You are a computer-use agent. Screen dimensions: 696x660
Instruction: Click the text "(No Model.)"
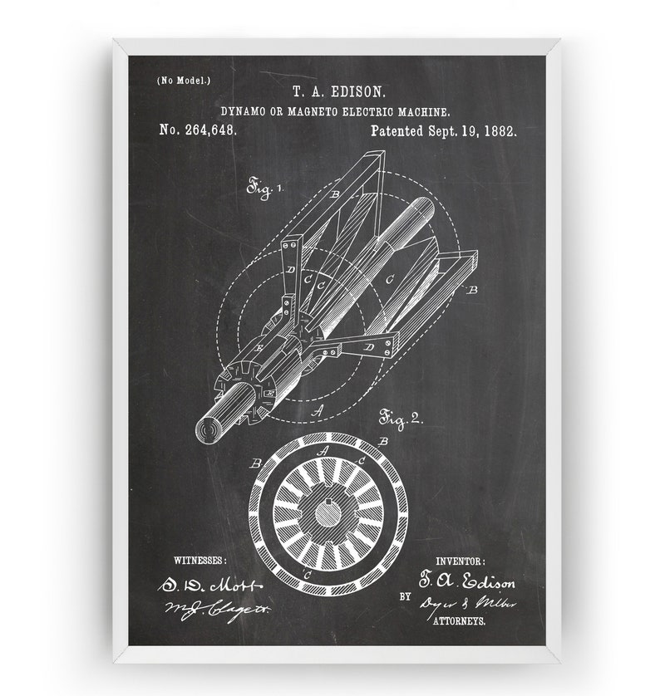(x=183, y=81)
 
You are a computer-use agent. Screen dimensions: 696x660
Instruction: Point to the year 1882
(x=499, y=130)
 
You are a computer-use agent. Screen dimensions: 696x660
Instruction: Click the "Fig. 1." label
(x=264, y=189)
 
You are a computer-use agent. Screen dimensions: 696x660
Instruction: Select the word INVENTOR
(x=461, y=561)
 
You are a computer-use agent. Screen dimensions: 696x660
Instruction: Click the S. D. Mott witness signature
(x=209, y=585)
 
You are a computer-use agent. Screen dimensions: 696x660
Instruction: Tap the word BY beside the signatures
(x=405, y=596)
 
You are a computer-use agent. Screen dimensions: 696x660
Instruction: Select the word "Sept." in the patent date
(x=453, y=130)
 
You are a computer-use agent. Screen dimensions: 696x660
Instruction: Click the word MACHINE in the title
(x=425, y=111)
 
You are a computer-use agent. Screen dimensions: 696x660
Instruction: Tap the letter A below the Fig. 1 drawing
(x=315, y=409)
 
